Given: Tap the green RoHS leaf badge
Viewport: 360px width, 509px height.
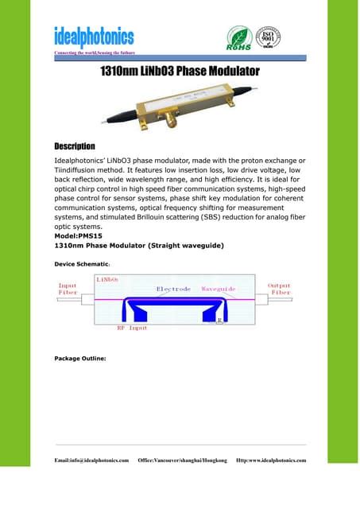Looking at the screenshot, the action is tap(239, 37).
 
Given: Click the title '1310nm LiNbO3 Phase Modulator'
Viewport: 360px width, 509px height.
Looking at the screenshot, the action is tap(180, 72).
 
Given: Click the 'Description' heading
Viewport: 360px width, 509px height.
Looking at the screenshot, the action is tap(74, 147).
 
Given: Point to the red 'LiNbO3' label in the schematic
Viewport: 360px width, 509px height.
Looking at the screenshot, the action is tap(107, 279).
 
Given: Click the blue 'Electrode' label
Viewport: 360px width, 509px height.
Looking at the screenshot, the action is tap(173, 289).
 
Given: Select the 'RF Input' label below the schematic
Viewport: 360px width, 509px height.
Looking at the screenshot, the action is tap(132, 327).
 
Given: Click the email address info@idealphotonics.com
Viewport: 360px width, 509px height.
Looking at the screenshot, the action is tap(91, 460).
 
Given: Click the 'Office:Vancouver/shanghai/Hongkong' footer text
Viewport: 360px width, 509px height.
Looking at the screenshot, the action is tap(182, 460).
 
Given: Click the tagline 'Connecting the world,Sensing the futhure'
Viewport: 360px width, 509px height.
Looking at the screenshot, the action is tap(93, 52).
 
